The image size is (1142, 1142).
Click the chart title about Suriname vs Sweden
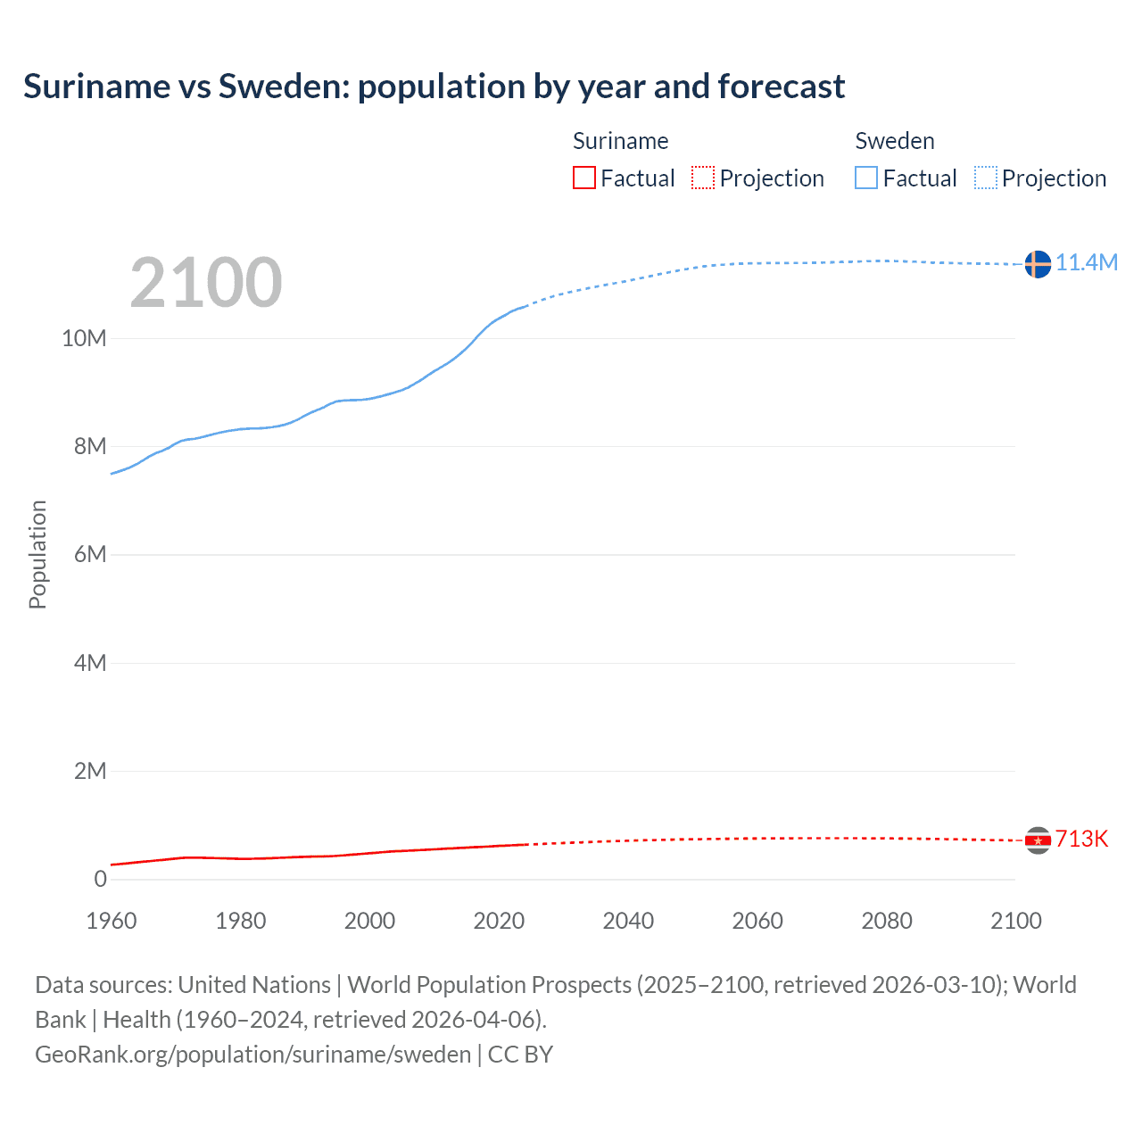[x=434, y=87]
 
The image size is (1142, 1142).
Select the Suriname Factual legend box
[x=583, y=178]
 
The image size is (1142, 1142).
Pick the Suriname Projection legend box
[x=703, y=178]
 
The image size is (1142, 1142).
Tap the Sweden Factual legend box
[x=865, y=178]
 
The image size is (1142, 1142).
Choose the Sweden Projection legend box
[x=985, y=178]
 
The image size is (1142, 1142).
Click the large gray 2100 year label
[x=206, y=283]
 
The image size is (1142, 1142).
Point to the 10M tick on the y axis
[x=84, y=339]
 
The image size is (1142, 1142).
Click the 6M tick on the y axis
[x=89, y=555]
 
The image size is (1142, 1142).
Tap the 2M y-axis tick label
[x=89, y=771]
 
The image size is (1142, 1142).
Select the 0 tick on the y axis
[x=100, y=879]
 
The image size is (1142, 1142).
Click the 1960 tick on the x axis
[x=112, y=921]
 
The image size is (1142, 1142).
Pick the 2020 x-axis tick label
[x=499, y=921]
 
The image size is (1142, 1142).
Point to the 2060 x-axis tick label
[x=757, y=921]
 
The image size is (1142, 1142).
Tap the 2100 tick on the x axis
[x=1015, y=921]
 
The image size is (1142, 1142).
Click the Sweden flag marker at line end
[x=1037, y=264]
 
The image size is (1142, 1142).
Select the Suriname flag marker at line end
[x=1037, y=840]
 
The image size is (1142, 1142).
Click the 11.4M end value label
[x=1087, y=263]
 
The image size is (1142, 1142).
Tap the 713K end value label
[x=1081, y=840]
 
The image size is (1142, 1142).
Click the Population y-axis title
[x=37, y=555]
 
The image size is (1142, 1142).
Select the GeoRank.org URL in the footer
[x=252, y=1055]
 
